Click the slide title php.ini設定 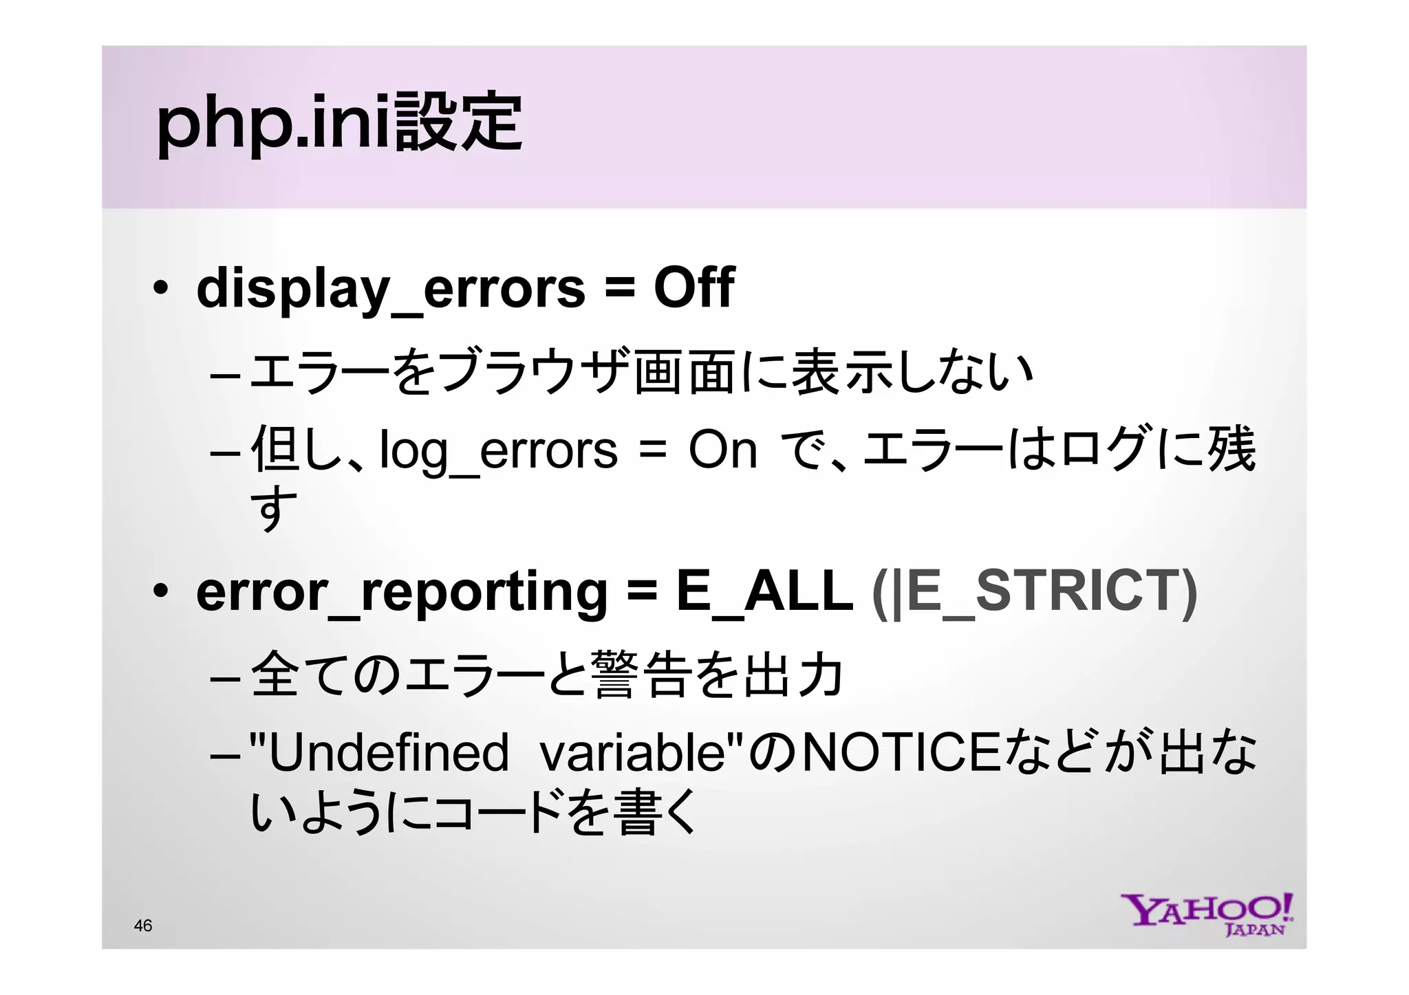click(x=339, y=124)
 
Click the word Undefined click(x=388, y=753)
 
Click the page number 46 click(x=143, y=926)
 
